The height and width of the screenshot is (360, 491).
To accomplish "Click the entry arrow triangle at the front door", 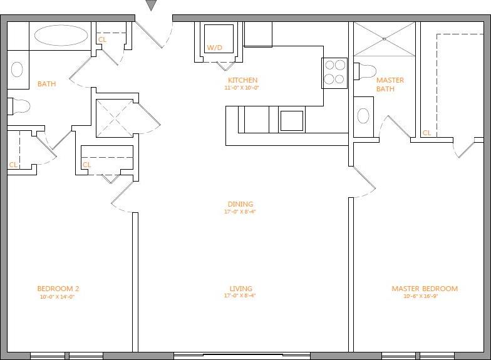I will [151, 5].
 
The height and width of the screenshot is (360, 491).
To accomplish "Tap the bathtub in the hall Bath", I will [61, 35].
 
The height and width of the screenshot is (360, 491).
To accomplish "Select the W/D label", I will [215, 48].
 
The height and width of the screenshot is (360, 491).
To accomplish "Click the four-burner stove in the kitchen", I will [335, 71].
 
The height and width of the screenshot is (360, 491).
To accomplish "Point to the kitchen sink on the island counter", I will [291, 120].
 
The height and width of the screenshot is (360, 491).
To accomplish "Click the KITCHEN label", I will [242, 81].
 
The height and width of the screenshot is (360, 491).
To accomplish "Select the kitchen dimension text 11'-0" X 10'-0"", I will [242, 88].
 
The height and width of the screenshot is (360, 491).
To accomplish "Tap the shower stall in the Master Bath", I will [385, 39].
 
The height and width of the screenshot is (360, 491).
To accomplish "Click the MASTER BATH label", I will [390, 85].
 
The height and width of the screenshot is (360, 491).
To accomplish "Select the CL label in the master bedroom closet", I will [426, 133].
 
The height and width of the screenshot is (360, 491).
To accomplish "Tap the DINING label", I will [240, 204].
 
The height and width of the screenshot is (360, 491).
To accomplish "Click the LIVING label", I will [240, 289].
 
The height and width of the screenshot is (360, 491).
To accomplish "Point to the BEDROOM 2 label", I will [58, 289].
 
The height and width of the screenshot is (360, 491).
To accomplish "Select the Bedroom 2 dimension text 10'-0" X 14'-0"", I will [58, 297].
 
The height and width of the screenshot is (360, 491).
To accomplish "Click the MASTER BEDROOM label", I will [424, 289].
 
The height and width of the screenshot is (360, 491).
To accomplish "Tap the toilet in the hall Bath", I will [20, 106].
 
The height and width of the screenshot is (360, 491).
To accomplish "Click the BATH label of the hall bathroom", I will [46, 84].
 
